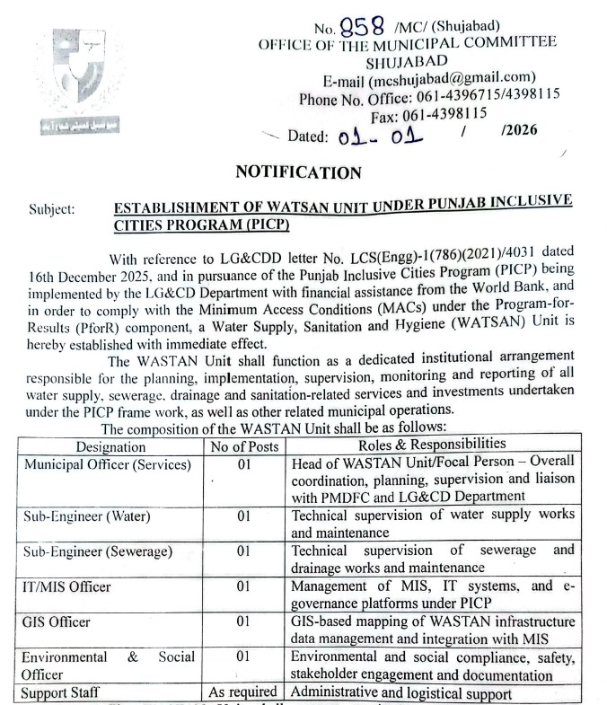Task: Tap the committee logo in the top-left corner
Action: coord(78,80)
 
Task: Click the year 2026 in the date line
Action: coord(521,131)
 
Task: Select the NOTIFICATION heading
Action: coord(299,172)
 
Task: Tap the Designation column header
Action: coord(110,446)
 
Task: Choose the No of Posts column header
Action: coord(243,446)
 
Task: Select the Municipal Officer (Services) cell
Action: coord(108,465)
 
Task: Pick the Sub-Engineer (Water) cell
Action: coord(87,517)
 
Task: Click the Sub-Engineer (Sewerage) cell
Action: coord(98,551)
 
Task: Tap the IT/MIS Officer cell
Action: coord(67,586)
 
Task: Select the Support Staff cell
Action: coord(62,692)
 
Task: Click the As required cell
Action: coord(243,692)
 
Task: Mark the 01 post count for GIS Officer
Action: coord(243,621)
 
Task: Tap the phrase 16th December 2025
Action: coord(86,272)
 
